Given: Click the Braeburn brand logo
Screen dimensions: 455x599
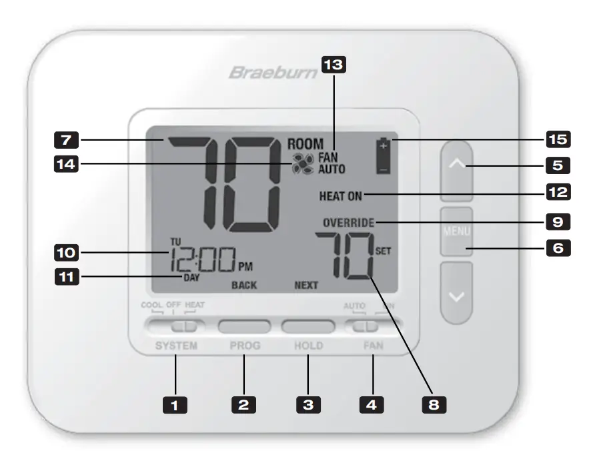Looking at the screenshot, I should click(273, 72).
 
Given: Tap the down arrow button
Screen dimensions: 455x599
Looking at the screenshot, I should click(457, 294).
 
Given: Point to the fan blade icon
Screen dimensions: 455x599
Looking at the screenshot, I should click(302, 164).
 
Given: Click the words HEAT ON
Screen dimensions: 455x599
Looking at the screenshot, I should click(341, 196).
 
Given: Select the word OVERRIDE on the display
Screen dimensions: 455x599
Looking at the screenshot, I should click(349, 222).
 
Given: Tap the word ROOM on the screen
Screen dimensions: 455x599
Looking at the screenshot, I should click(305, 143).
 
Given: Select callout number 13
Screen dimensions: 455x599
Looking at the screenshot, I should click(334, 64).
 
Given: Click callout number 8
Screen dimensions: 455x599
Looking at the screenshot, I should click(434, 403).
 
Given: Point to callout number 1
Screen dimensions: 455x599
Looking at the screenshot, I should click(177, 403).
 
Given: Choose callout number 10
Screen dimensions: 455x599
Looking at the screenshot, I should click(66, 253).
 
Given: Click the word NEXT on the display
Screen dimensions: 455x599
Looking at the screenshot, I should click(306, 285).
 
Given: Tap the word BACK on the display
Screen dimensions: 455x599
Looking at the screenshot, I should click(244, 285).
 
